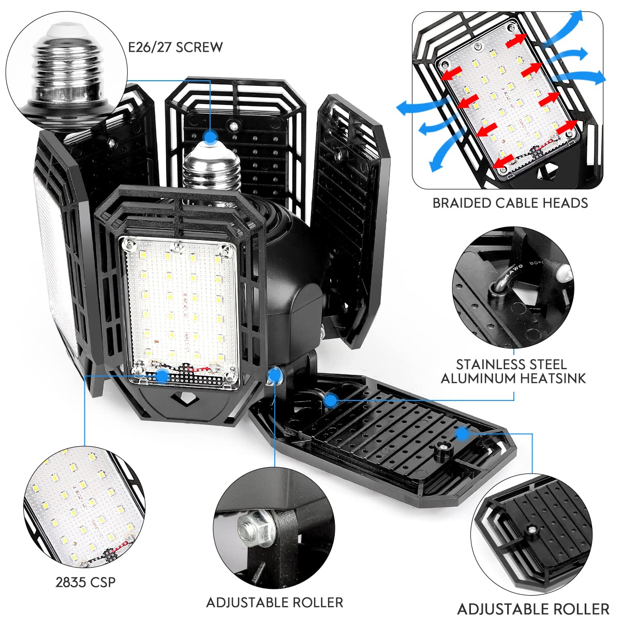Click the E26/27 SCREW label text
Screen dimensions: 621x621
[175, 47]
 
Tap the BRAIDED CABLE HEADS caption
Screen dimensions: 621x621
[510, 203]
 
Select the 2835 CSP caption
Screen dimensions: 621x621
[85, 582]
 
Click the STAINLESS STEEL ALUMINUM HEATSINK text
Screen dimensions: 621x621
[513, 371]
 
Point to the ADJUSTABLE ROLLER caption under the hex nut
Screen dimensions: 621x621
[274, 602]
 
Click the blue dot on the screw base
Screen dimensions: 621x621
[210, 137]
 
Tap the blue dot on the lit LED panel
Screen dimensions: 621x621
[162, 376]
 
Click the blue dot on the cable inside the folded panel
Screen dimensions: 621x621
[331, 399]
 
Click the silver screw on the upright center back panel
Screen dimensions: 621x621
[234, 125]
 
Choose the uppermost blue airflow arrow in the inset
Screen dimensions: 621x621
[569, 23]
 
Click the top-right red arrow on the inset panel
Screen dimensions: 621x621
[517, 40]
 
